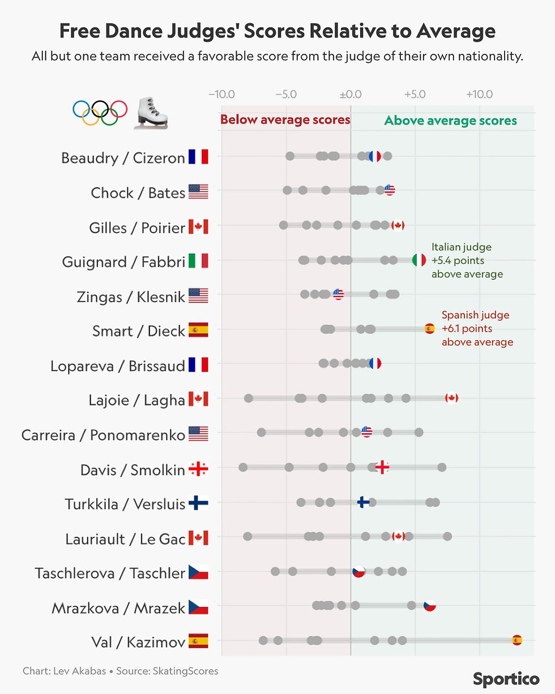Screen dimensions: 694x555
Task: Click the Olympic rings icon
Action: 100,112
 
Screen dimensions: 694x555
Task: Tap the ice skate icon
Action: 151,112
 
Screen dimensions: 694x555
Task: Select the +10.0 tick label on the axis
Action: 479,94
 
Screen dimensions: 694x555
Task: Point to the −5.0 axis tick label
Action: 286,94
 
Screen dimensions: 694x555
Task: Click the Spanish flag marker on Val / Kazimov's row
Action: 516,640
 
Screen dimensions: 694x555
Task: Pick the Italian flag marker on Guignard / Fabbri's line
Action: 419,260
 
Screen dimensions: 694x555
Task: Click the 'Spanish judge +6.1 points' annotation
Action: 477,329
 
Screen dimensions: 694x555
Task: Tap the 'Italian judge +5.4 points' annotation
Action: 467,261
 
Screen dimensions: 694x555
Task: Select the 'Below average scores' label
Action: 285,120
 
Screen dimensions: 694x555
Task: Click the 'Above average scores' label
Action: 450,121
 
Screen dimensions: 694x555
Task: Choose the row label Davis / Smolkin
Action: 133,470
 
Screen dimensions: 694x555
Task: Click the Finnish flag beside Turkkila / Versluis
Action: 198,503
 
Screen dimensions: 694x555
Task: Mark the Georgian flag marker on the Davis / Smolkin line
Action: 382,467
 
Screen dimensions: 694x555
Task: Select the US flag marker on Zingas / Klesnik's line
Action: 338,294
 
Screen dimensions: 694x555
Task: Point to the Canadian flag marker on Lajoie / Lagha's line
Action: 451,398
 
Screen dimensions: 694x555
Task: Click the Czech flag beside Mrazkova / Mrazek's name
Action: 198,607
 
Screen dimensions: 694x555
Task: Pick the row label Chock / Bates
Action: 138,193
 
